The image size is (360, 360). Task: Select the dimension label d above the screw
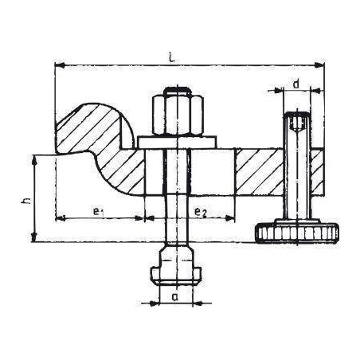point(295,83)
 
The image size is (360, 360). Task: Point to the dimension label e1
point(96,211)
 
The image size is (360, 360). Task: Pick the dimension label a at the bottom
point(174,295)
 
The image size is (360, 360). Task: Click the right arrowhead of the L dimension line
point(323,65)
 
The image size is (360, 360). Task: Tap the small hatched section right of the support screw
point(316,171)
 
